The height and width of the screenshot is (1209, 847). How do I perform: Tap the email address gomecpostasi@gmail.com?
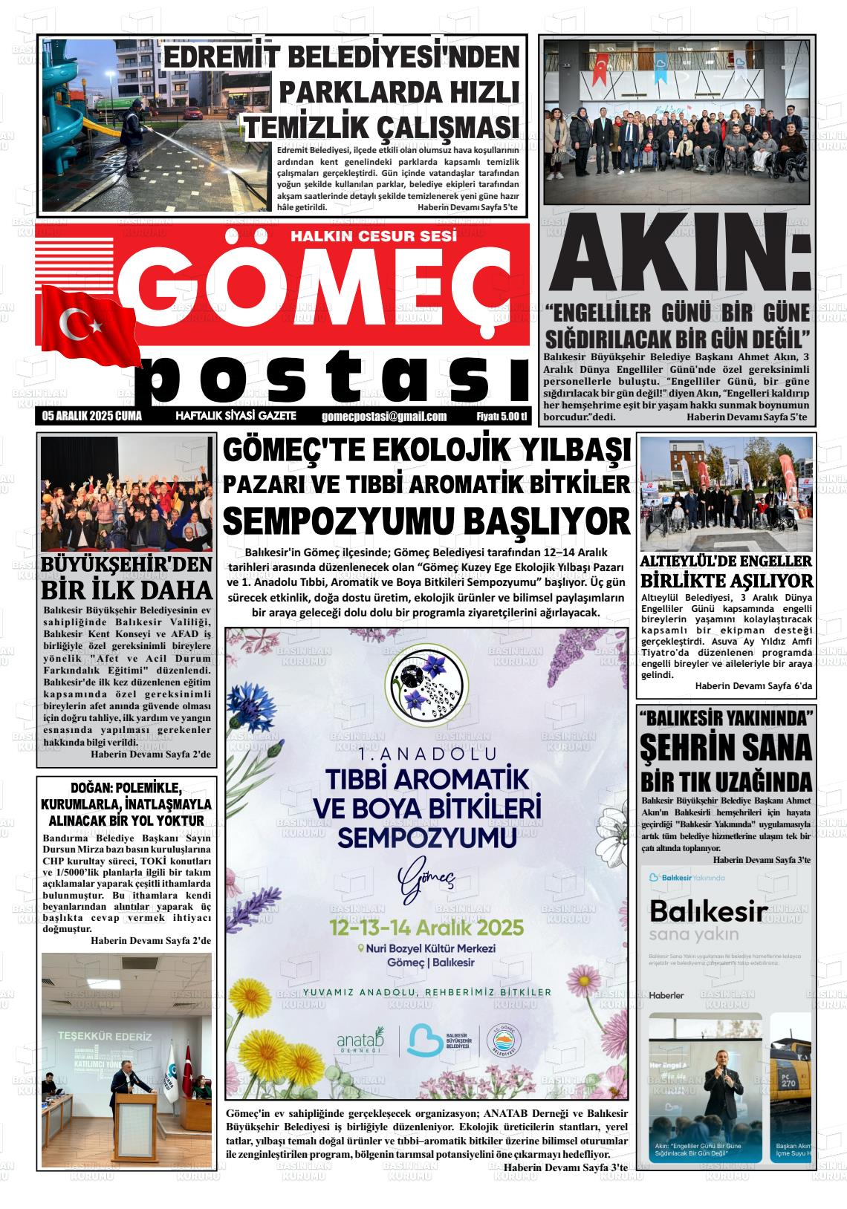384,417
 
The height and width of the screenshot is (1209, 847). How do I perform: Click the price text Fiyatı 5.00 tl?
502,417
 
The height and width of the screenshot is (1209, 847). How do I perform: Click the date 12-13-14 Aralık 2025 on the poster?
427,928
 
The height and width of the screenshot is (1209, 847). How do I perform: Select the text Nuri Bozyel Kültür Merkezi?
426,948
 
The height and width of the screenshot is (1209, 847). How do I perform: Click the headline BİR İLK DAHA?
126,590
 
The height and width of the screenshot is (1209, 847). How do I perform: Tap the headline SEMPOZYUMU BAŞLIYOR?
426,521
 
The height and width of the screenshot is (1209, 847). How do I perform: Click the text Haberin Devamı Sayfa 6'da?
753,686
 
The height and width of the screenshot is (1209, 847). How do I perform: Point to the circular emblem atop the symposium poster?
426,683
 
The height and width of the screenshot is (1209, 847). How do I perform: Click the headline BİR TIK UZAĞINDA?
725,781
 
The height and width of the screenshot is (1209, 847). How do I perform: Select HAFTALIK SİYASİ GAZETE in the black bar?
236,417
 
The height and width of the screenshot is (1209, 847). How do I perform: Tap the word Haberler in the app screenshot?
666,994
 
